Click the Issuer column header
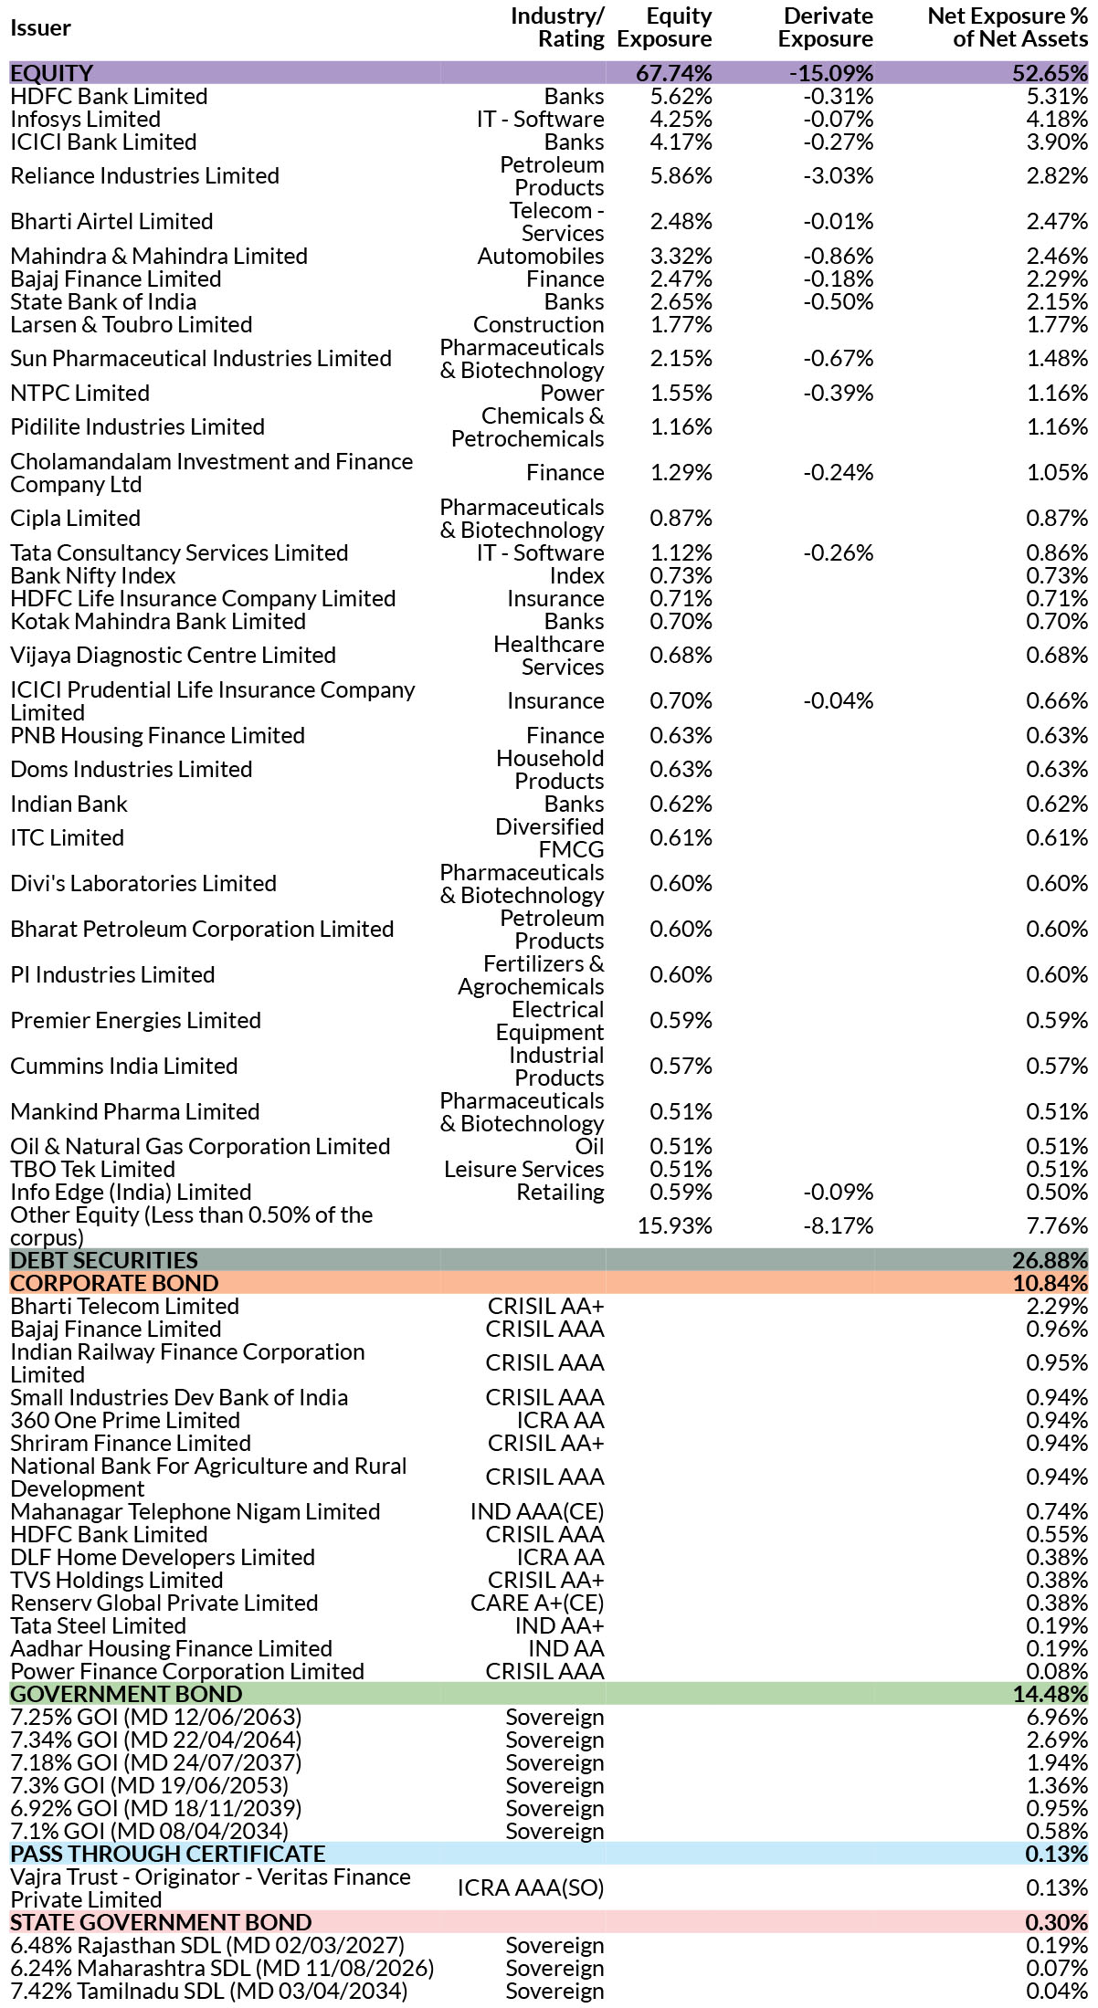[40, 28]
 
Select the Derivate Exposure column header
[826, 27]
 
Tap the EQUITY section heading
[52, 73]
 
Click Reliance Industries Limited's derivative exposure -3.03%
[839, 175]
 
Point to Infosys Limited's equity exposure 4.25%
[681, 120]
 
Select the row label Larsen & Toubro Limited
[132, 325]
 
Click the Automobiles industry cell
[541, 257]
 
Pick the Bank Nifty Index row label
[93, 576]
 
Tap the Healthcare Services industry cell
[549, 656]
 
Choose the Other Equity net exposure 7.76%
[1057, 1225]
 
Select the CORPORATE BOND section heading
[114, 1283]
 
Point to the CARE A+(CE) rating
[537, 1603]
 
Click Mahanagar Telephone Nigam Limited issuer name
[195, 1511]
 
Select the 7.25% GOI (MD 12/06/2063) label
[156, 1717]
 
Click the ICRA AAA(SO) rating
[531, 1887]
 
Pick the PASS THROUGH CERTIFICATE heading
[168, 1854]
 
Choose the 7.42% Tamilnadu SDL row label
[209, 1991]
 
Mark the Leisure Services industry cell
[524, 1170]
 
